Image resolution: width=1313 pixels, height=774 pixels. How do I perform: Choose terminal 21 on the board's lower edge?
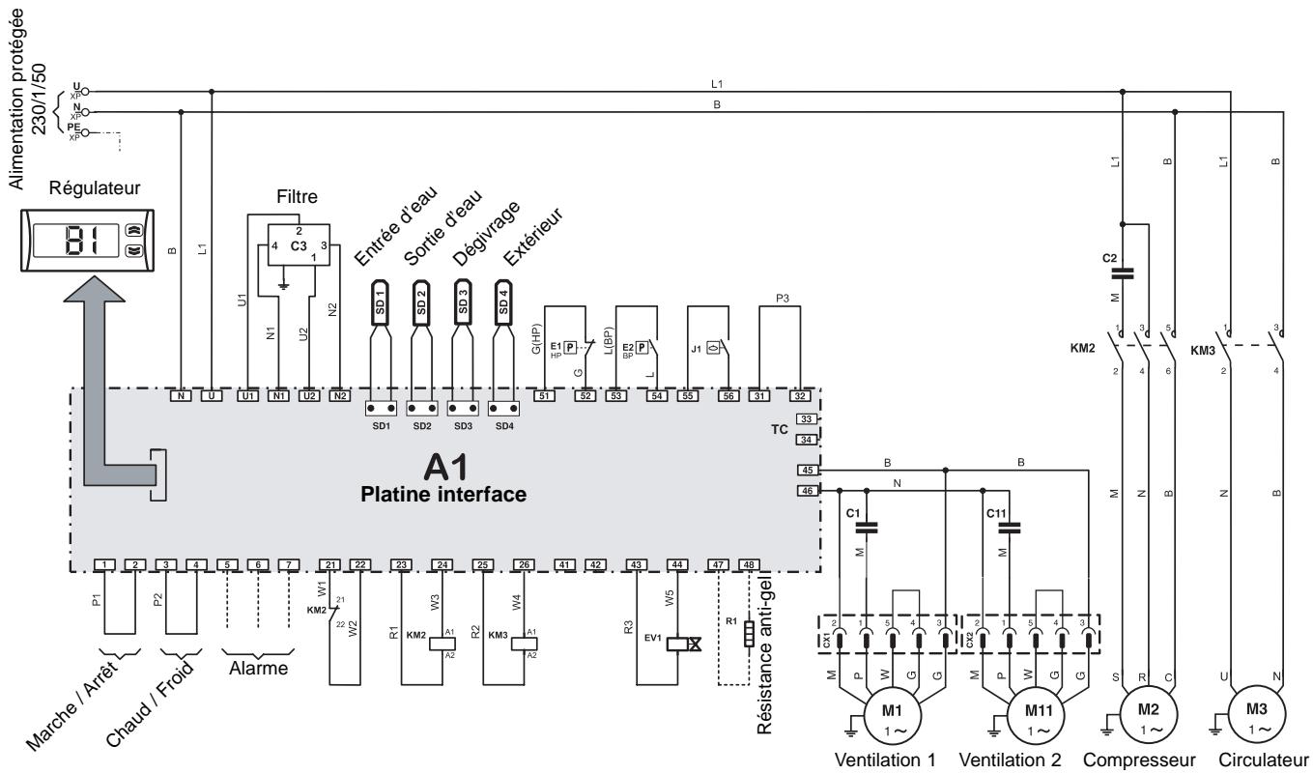coord(330,564)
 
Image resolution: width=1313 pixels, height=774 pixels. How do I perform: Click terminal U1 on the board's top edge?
coord(248,395)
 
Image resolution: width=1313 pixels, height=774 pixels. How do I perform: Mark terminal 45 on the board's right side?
coord(808,471)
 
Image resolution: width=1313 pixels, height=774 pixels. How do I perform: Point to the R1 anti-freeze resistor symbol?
coord(749,633)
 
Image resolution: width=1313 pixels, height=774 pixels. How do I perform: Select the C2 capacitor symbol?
coord(1122,273)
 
